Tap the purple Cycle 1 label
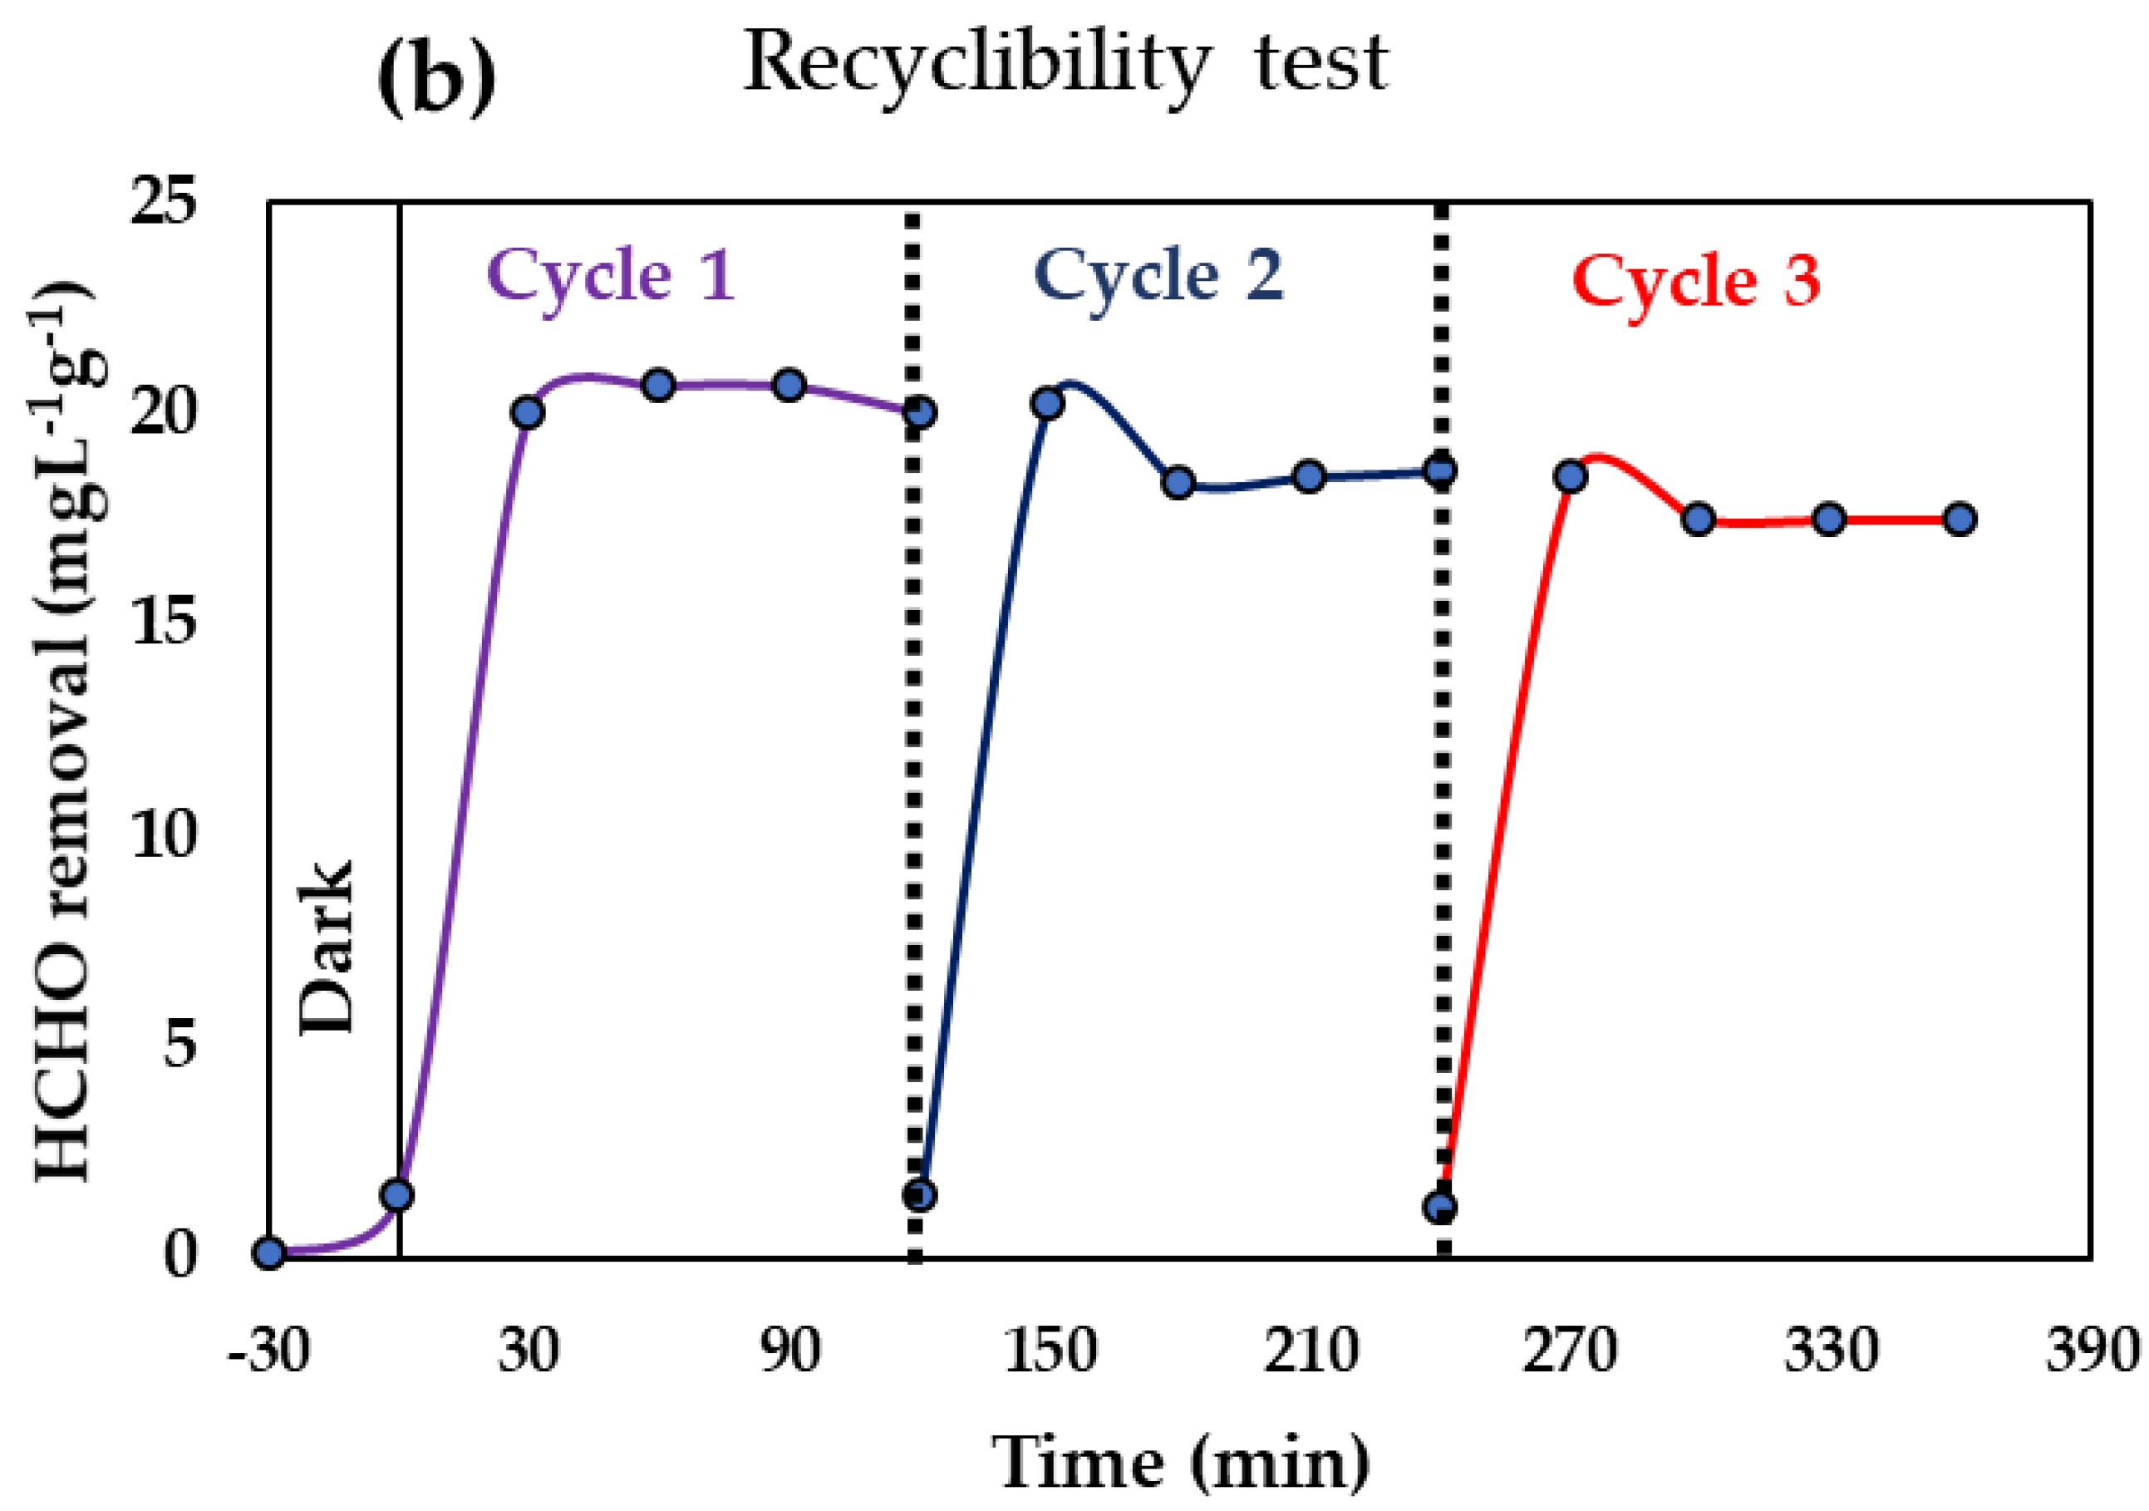point(610,277)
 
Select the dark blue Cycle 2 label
point(1158,277)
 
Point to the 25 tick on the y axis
point(164,200)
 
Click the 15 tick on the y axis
point(164,622)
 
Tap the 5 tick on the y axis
point(179,1043)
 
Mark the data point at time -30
point(269,1253)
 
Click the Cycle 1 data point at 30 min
point(528,412)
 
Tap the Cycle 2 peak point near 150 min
point(1047,403)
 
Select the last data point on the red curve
point(1960,519)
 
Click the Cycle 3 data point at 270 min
point(1571,477)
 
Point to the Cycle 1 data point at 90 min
point(789,386)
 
